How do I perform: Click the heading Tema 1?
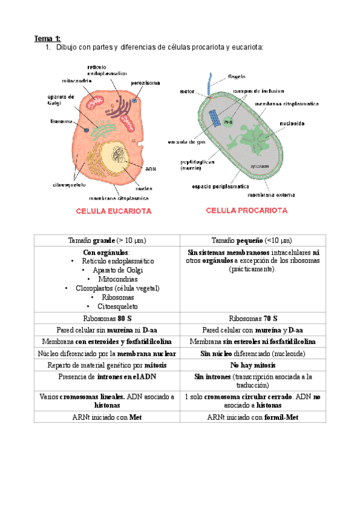43,38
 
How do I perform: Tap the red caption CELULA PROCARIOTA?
246,210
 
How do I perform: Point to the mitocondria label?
76,81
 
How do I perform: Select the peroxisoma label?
145,82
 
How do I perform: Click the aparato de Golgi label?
60,99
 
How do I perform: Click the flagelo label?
236,77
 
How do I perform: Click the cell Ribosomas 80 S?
106,318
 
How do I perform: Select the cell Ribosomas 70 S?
252,318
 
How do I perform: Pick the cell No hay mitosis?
252,365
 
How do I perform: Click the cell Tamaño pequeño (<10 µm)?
252,240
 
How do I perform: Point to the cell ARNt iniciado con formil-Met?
252,417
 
